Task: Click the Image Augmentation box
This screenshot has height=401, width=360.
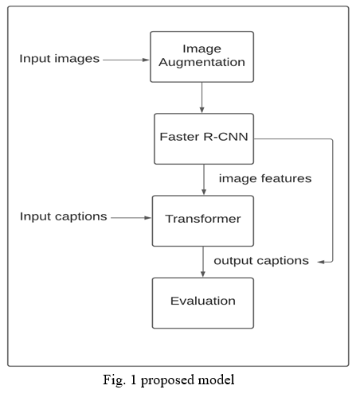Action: pyautogui.click(x=202, y=56)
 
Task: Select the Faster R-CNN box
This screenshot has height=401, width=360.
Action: pyautogui.click(x=204, y=139)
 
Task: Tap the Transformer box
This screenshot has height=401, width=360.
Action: pyautogui.click(x=203, y=221)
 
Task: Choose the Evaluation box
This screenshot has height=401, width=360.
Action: pyautogui.click(x=203, y=303)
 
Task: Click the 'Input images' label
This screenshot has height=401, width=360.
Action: pyautogui.click(x=60, y=58)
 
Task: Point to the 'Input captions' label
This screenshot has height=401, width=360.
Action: pyautogui.click(x=64, y=216)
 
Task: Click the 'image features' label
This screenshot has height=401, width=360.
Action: pyautogui.click(x=265, y=178)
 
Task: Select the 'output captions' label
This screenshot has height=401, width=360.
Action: pyautogui.click(x=261, y=261)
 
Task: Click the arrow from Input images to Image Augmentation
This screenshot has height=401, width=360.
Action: pyautogui.click(x=126, y=60)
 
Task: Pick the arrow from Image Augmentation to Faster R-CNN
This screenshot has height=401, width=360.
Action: pyautogui.click(x=202, y=97)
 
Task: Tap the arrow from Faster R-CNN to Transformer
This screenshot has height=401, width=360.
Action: pyautogui.click(x=204, y=180)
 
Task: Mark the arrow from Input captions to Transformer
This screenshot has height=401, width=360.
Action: pyautogui.click(x=131, y=218)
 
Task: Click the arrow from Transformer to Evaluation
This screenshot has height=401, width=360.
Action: pyautogui.click(x=203, y=262)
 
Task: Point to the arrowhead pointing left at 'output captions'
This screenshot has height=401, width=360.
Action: pyautogui.click(x=321, y=262)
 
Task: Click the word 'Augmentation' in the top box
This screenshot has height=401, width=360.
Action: pyautogui.click(x=202, y=63)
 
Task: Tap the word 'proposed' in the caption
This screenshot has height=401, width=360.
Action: pyautogui.click(x=168, y=380)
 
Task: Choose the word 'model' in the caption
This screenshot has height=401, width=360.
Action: pyautogui.click(x=217, y=380)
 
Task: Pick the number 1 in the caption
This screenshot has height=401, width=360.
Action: pyautogui.click(x=133, y=380)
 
